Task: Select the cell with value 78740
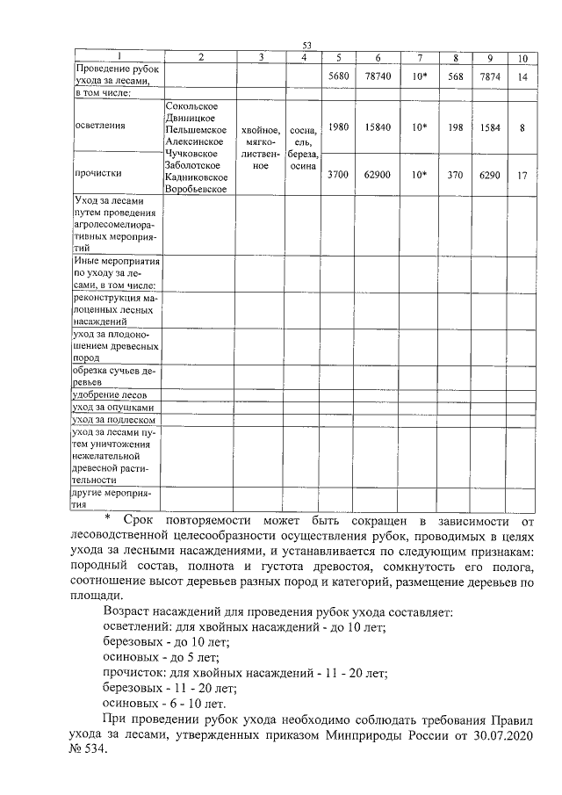377,77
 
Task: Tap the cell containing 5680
338,77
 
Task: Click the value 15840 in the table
377,126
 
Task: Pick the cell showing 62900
377,175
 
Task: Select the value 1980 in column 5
338,126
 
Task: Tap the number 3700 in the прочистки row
338,175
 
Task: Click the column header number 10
522,59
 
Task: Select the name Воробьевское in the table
197,188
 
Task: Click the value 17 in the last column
522,175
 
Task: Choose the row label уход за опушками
113,408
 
